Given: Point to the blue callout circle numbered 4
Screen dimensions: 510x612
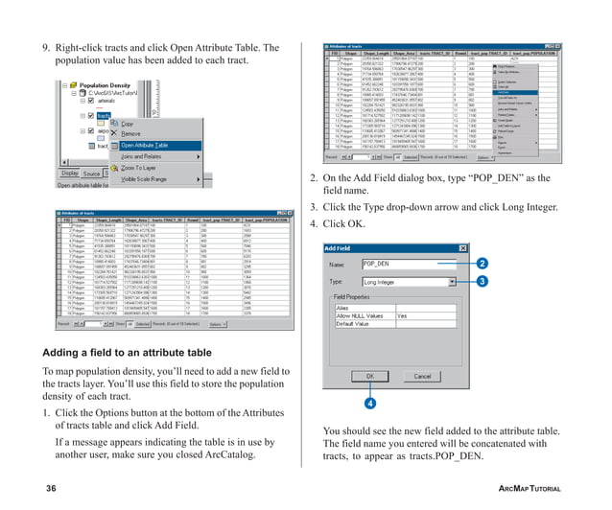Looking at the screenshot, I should (369, 404).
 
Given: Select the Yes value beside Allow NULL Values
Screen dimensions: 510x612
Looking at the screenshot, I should (403, 313).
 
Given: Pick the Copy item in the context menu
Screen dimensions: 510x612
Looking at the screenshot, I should (128, 124).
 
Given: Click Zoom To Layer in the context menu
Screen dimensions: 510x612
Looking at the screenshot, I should (144, 168).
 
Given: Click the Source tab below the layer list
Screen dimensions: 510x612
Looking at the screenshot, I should (91, 174).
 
